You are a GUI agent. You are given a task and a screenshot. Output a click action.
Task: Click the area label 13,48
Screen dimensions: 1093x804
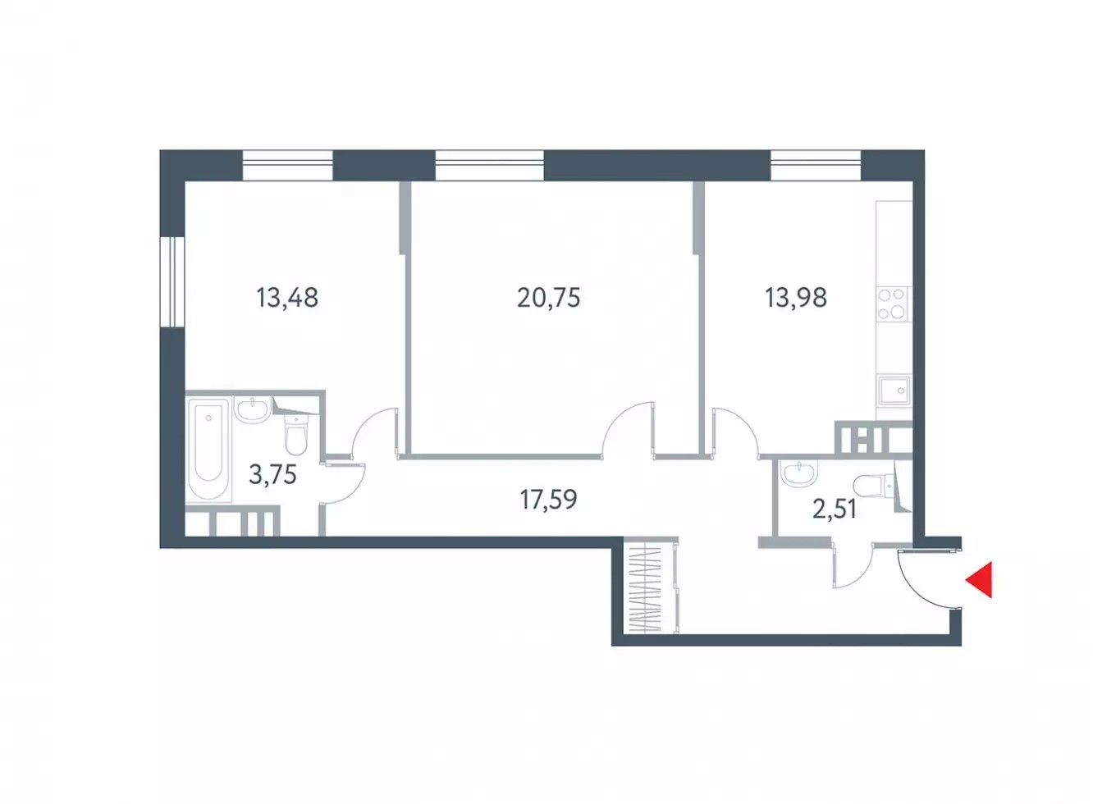coord(287,298)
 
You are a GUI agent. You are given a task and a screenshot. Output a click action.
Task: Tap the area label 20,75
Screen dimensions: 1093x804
coord(549,298)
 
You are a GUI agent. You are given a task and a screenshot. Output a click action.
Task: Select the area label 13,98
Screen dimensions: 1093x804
coord(796,298)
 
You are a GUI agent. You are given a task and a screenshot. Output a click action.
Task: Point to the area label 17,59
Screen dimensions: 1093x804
coord(549,499)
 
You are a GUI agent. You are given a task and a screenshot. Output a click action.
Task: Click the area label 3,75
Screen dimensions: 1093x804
coord(272,475)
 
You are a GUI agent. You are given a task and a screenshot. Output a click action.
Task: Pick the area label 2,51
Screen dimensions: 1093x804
coord(835,509)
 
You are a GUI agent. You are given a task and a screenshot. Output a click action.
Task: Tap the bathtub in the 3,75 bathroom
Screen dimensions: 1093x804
coord(209,449)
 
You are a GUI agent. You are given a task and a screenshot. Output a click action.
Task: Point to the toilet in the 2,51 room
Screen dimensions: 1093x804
coord(874,485)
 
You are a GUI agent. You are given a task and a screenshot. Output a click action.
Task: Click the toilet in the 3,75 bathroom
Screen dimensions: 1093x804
coord(295,434)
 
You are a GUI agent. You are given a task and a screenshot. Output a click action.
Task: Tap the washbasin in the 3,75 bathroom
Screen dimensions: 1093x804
coord(252,409)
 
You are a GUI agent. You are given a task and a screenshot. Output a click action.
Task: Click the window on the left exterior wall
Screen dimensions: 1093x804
coord(172,281)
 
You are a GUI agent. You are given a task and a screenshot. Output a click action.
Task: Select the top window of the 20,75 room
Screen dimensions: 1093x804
coord(489,165)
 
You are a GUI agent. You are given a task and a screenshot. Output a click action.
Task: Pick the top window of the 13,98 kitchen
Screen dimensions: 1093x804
coord(816,165)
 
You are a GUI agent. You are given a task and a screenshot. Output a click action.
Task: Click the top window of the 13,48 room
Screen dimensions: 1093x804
coord(287,165)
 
